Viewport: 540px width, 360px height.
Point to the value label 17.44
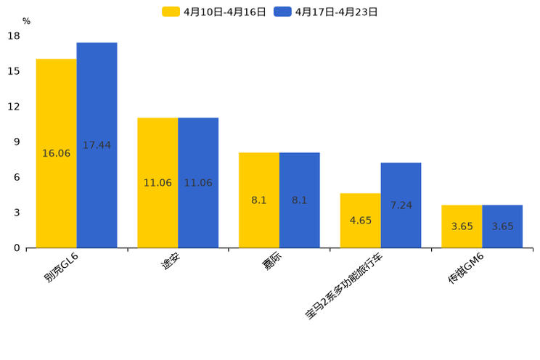[97, 145]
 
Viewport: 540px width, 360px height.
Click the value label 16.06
[56, 153]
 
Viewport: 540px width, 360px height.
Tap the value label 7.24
[401, 205]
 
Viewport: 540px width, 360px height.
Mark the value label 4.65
[360, 221]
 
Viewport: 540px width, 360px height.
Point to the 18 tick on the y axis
[14, 36]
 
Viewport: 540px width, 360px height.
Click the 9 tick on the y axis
[17, 142]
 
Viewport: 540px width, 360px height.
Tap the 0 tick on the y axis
[17, 248]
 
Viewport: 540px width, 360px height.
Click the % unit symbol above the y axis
[26, 21]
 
